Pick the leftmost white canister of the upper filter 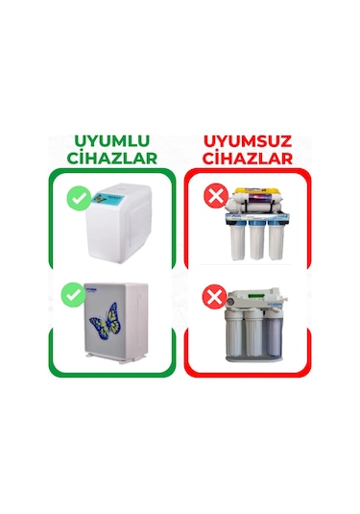[x=234, y=239]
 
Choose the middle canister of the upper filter [x=257, y=240]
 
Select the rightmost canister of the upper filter [x=280, y=239]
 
